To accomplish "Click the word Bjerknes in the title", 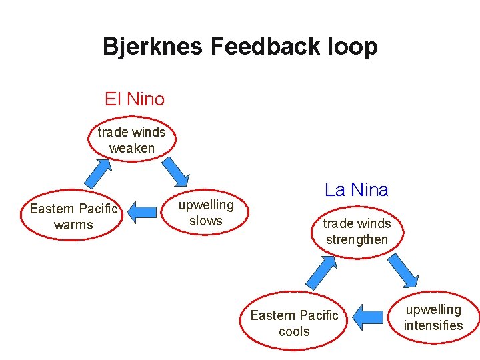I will point(153,46).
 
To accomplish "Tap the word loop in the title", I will point(353,46).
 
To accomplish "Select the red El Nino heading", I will point(135,99).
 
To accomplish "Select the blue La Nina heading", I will point(356,190).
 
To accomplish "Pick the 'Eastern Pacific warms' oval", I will point(73,217).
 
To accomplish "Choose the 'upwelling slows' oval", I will point(206,213).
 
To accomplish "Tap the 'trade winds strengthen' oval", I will point(357,231).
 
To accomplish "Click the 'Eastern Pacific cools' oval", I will point(294,323).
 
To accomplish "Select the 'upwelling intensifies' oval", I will point(433,317).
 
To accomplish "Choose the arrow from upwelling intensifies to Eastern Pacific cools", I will point(366,317).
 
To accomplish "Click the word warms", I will point(73,225).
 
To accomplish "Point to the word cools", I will point(294,331).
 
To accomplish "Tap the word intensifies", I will point(433,325).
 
